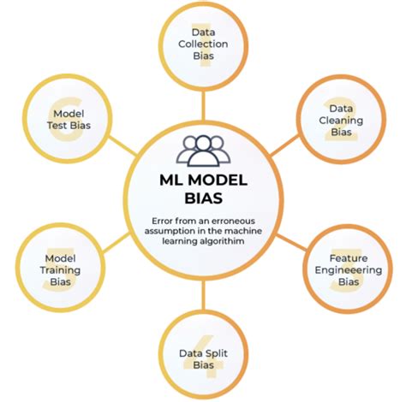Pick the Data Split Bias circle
[x=203, y=352]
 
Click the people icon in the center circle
[x=203, y=150]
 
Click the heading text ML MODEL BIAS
[x=203, y=190]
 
